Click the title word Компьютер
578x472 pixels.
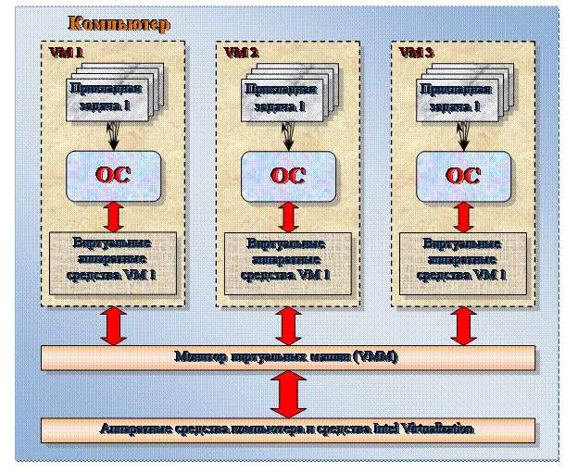click(119, 24)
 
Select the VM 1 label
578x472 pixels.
click(66, 53)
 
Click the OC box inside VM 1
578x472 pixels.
click(113, 175)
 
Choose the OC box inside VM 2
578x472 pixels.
click(288, 175)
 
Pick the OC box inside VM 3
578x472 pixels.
click(462, 175)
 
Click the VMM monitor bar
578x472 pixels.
click(288, 357)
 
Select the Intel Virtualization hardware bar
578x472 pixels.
click(288, 429)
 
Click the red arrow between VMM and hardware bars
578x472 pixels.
click(288, 393)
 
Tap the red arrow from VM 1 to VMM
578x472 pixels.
click(113, 325)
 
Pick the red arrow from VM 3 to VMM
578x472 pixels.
click(463, 325)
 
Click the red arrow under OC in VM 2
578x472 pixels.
click(288, 217)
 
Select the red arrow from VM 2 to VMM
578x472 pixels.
click(288, 325)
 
